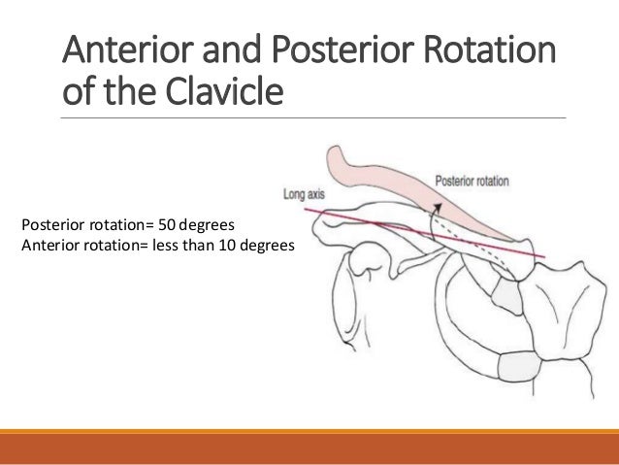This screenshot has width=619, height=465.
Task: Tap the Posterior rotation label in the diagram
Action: coord(472,181)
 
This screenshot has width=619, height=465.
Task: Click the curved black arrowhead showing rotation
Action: coord(439,207)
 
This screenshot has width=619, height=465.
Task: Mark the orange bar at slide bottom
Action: coord(309,445)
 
